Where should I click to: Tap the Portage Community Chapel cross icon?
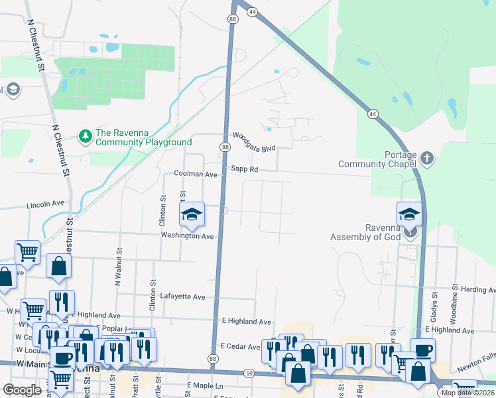point(427,159)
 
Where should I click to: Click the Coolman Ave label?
point(196,174)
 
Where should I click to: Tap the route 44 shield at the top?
point(253,11)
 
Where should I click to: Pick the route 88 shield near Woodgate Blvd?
point(225,147)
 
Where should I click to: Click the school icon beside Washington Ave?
point(192,214)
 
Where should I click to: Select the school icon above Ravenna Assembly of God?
point(409,214)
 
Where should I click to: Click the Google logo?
point(22,390)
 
